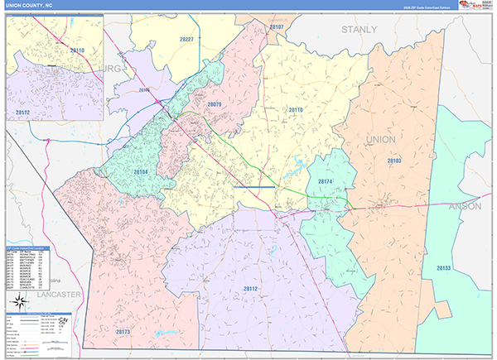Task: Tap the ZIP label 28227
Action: (187, 40)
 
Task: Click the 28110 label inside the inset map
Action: (77, 51)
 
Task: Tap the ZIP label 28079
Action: (215, 105)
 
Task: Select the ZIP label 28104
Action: (141, 172)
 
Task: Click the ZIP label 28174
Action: (326, 181)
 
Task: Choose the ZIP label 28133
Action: (443, 269)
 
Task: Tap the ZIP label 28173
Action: (123, 331)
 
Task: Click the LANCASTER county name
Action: (40, 294)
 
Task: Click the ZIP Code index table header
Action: (29, 247)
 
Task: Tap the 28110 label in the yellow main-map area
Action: (296, 110)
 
